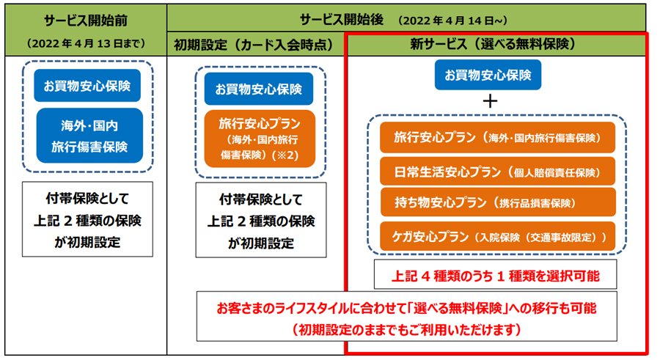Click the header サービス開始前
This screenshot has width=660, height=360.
(x=86, y=21)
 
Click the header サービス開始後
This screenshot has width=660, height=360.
(x=341, y=20)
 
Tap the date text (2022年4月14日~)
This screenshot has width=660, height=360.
(x=452, y=21)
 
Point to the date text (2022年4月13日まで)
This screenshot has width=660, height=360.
(x=86, y=43)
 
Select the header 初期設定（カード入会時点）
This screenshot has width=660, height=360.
(x=254, y=45)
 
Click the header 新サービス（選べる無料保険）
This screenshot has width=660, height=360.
(x=493, y=44)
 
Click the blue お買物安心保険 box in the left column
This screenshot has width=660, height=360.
(x=87, y=86)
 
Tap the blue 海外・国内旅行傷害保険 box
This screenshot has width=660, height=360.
(x=89, y=136)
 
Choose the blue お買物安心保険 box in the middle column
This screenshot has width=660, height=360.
(x=259, y=89)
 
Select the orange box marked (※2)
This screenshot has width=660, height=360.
(x=260, y=139)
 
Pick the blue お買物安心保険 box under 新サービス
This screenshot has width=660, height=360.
(x=488, y=75)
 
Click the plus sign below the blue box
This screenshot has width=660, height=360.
(x=490, y=101)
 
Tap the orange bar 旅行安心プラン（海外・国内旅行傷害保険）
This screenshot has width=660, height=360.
(x=497, y=137)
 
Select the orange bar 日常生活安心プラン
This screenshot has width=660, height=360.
(x=497, y=172)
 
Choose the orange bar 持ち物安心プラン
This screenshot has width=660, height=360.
(x=498, y=202)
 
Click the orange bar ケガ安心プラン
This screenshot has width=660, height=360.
(x=497, y=237)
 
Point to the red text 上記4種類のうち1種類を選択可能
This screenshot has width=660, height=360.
(x=496, y=276)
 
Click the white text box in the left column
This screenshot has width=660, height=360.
(x=87, y=219)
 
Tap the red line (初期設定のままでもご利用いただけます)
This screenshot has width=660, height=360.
(x=406, y=329)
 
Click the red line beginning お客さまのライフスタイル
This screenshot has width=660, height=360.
(x=406, y=308)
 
